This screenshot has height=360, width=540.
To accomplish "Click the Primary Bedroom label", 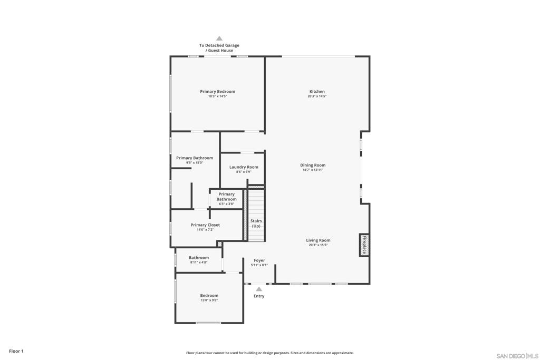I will (x=217, y=92).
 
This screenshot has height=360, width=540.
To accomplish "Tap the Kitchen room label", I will (x=317, y=92).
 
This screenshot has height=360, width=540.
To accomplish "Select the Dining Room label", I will (x=313, y=165).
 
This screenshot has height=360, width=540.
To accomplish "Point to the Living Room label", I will (x=318, y=240).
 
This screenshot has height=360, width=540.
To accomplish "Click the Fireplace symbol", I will (x=364, y=245).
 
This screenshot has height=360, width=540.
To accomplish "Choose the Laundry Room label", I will (x=244, y=167).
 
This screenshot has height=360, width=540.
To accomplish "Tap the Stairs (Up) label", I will (x=256, y=223).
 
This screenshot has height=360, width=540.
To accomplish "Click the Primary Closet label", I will (x=205, y=225).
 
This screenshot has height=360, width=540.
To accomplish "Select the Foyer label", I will (x=259, y=260).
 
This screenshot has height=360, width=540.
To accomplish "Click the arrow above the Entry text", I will (x=258, y=289).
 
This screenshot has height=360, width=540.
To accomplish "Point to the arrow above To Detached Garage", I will (x=219, y=38).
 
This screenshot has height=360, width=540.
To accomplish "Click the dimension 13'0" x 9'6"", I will (x=209, y=300).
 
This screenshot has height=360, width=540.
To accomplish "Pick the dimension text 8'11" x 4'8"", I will (x=199, y=262).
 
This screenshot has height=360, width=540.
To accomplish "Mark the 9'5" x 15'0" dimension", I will (x=195, y=163).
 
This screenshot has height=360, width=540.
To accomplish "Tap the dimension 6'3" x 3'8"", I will (x=226, y=204).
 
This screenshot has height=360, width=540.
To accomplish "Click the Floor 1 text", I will (x=16, y=351).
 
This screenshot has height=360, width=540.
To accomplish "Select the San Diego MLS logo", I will (x=517, y=356).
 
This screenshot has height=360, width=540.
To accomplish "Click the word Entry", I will (x=259, y=296).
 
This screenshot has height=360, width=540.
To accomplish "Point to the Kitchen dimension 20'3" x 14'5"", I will (x=317, y=96).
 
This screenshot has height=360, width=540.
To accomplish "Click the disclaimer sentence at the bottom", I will (x=269, y=353).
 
